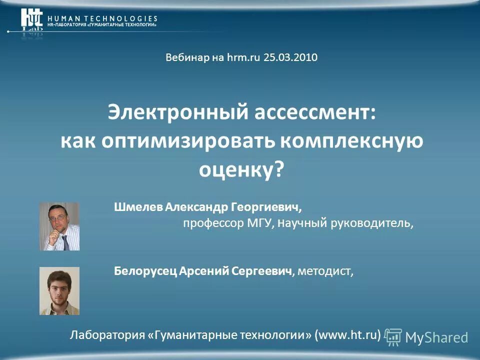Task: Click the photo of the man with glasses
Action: click(x=59, y=226)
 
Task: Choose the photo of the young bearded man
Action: click(x=59, y=290)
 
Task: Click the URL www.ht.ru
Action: click(x=347, y=334)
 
